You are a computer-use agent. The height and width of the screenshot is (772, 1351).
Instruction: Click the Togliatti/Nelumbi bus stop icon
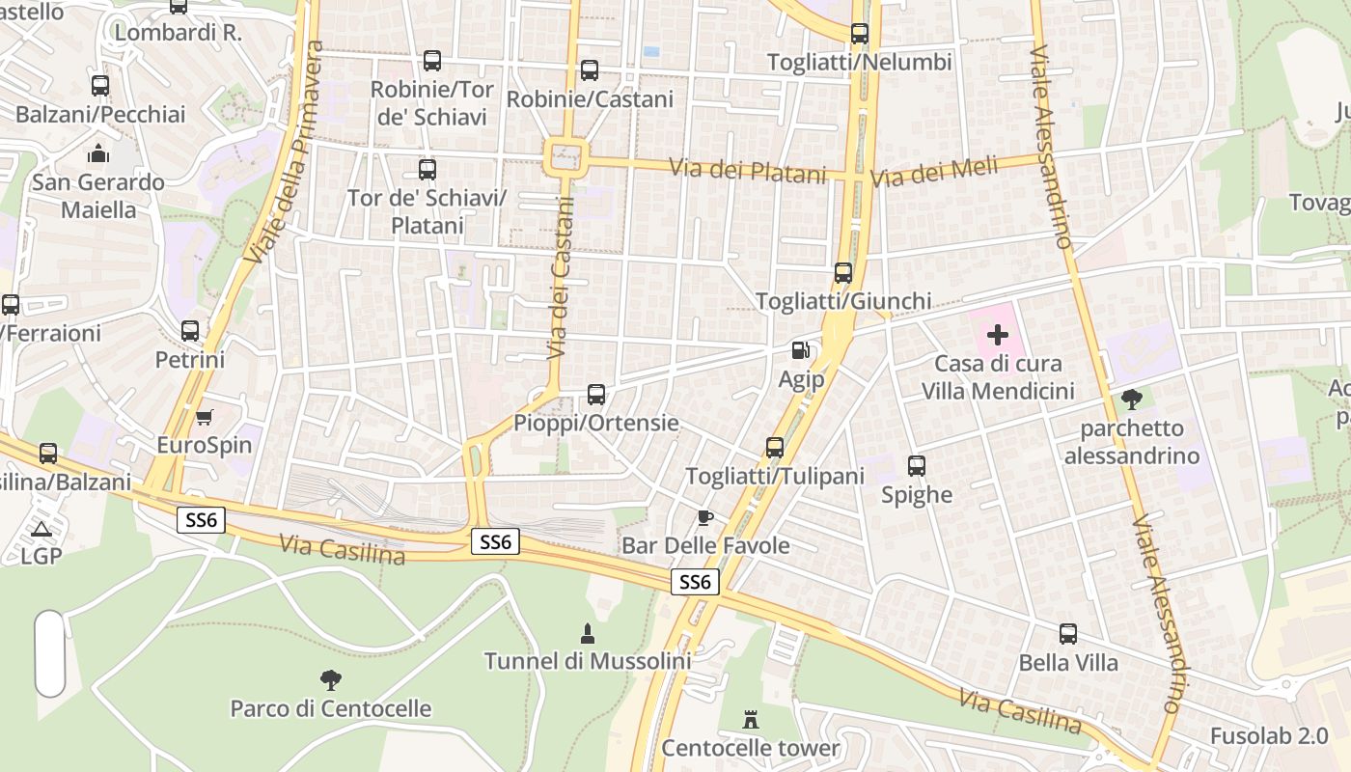click(860, 34)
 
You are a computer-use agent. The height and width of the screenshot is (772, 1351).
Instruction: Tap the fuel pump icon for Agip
click(801, 350)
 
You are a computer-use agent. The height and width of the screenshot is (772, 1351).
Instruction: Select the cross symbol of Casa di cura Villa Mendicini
click(998, 335)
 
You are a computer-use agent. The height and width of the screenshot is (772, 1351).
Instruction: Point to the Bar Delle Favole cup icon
click(705, 517)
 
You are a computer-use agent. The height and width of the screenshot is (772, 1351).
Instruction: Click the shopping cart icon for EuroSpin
click(204, 417)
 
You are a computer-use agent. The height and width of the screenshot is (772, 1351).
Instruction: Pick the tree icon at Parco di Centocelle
click(331, 680)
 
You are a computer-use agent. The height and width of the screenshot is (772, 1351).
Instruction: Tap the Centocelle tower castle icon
click(751, 719)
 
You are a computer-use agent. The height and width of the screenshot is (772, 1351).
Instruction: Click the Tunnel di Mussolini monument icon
click(587, 633)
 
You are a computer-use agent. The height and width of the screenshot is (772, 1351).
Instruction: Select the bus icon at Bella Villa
click(1068, 634)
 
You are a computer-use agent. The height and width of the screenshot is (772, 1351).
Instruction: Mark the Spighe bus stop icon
click(917, 466)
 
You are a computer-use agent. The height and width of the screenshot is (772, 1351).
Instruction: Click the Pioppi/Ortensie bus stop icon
click(596, 395)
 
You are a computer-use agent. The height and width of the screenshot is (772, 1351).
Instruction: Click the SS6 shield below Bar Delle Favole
click(695, 582)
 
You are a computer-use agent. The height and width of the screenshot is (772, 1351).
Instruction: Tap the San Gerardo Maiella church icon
click(98, 153)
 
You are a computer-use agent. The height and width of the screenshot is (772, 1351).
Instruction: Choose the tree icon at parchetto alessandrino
click(1132, 400)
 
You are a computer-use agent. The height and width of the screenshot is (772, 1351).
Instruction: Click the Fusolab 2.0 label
click(1269, 735)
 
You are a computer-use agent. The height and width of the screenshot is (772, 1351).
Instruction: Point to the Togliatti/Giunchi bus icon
click(843, 273)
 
